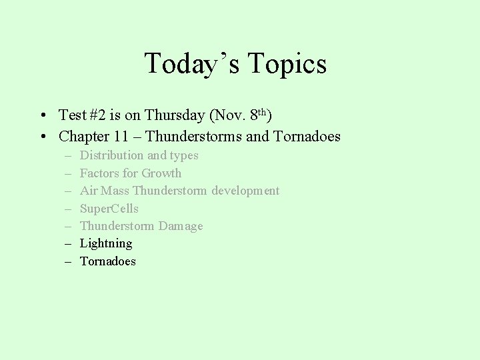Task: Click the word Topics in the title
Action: tap(287, 64)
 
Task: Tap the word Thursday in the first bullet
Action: tap(174, 115)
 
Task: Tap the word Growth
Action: tap(161, 173)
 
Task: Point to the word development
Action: tap(245, 191)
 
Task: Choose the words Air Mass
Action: tap(104, 191)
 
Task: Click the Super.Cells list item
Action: tap(109, 209)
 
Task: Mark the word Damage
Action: tap(182, 226)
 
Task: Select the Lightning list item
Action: tap(106, 243)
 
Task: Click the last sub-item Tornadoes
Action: tap(108, 261)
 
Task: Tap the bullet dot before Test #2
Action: tap(42, 116)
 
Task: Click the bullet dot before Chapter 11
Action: tap(42, 137)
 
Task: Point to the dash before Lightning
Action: tap(68, 244)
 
